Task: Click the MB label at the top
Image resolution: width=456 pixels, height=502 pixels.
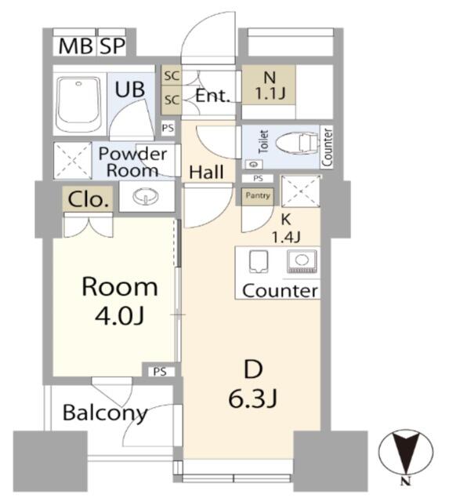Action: [x=76, y=46]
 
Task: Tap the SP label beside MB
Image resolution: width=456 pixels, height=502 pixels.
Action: [x=112, y=46]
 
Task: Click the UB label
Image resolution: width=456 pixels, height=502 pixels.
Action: [x=129, y=89]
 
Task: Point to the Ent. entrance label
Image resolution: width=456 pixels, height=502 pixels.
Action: [x=212, y=96]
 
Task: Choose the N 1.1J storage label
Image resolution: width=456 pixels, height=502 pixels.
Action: [x=270, y=85]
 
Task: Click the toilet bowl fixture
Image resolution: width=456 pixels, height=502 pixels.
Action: [x=297, y=144]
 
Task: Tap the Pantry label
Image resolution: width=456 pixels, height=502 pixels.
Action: [x=258, y=195]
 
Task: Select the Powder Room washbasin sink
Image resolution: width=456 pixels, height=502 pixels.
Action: [x=147, y=195]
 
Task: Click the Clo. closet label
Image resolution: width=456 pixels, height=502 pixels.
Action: [x=88, y=200]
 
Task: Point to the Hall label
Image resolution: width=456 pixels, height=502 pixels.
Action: [x=206, y=172]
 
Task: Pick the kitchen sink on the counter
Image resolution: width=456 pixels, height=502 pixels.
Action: [x=259, y=261]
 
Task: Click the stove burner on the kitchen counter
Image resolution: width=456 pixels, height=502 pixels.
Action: [x=302, y=261]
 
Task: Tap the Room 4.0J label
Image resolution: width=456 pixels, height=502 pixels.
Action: [x=120, y=300]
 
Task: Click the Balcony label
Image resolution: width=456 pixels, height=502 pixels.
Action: [x=105, y=413]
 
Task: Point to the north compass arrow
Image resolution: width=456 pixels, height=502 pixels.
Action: [x=406, y=453]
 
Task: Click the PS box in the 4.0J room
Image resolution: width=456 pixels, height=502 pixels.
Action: [x=160, y=371]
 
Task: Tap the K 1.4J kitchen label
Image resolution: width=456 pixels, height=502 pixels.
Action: [x=285, y=228]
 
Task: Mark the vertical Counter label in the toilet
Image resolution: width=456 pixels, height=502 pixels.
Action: [x=328, y=147]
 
